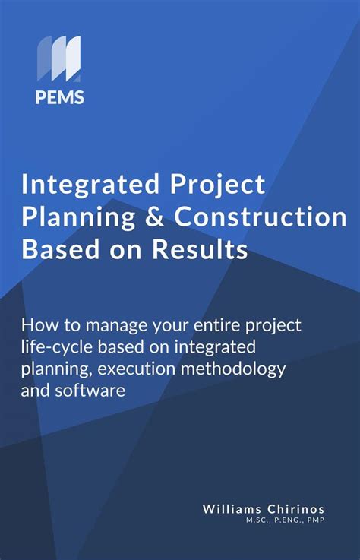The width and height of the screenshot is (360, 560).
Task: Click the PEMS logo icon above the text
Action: click(x=58, y=59)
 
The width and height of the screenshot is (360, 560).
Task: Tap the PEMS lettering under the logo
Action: click(x=58, y=96)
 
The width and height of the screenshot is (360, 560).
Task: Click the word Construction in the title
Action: click(x=261, y=217)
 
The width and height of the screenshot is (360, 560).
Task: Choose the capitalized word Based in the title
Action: click(x=52, y=250)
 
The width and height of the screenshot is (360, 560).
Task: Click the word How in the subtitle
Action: click(x=38, y=325)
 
